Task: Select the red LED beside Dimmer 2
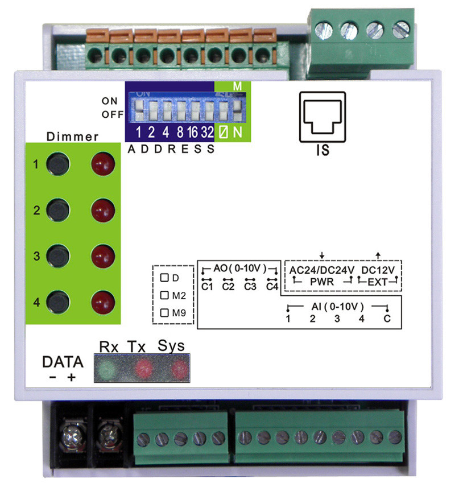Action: tap(103, 209)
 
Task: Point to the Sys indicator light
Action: tap(179, 369)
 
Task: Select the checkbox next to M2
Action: tap(165, 295)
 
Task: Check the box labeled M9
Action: tap(165, 312)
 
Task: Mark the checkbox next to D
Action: tap(165, 278)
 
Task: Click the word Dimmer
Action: tap(72, 137)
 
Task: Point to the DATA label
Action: tap(63, 362)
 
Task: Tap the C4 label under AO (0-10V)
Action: tap(272, 287)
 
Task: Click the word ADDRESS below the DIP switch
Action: tap(171, 150)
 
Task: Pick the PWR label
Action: tap(322, 282)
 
